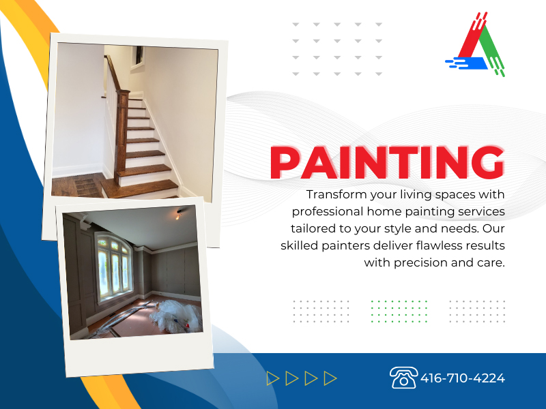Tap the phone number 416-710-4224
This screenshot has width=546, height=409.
[x=463, y=378]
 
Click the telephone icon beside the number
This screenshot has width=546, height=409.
[x=403, y=377]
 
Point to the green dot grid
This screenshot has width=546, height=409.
[x=399, y=310]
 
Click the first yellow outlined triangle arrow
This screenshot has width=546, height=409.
[x=274, y=378]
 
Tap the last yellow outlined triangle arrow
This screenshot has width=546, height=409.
[x=330, y=378]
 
